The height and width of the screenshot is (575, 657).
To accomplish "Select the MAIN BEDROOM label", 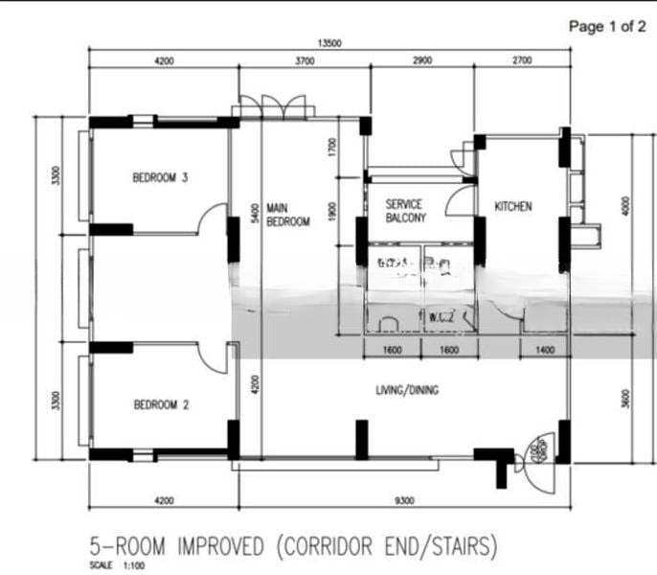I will [x=287, y=214].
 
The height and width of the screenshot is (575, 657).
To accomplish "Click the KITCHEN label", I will [x=513, y=206].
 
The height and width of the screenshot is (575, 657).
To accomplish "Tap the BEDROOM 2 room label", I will [x=160, y=405].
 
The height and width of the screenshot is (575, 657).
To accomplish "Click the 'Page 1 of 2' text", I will [x=606, y=27].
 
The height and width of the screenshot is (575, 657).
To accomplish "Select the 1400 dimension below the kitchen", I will [x=545, y=351].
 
